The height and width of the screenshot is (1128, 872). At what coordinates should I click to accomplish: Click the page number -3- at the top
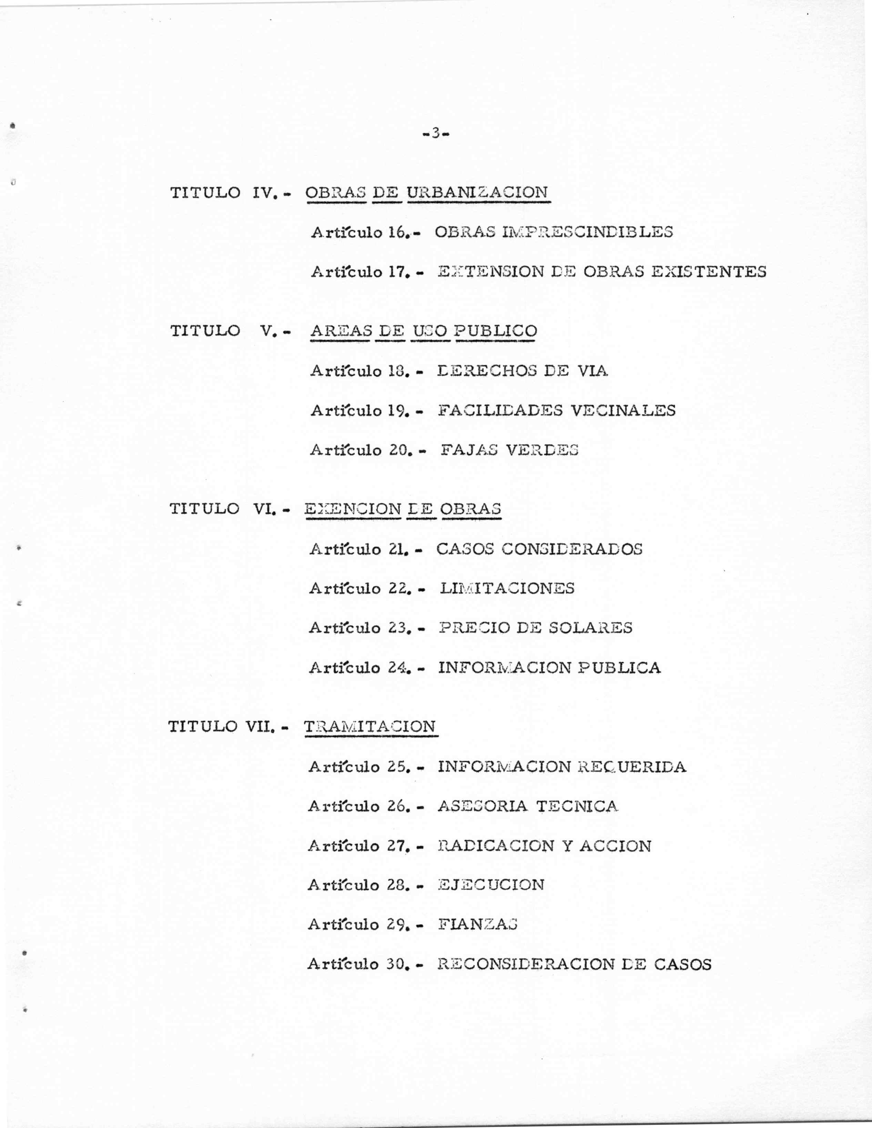click(x=436, y=134)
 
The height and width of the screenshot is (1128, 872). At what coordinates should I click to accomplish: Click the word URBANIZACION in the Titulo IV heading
click(x=477, y=193)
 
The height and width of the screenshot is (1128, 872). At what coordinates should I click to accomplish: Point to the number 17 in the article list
click(x=396, y=272)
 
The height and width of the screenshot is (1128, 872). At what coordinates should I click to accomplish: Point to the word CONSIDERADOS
click(x=571, y=549)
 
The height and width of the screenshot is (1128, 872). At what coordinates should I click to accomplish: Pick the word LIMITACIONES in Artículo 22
click(x=507, y=589)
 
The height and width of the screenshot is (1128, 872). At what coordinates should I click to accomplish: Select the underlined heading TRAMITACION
click(x=370, y=727)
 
